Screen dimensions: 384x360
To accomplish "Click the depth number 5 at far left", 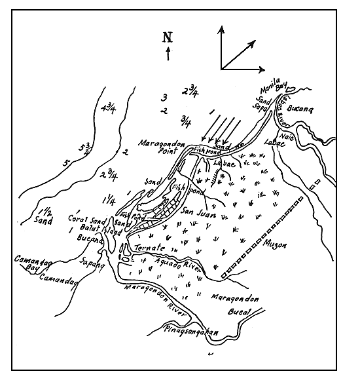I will click(x=65, y=163).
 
